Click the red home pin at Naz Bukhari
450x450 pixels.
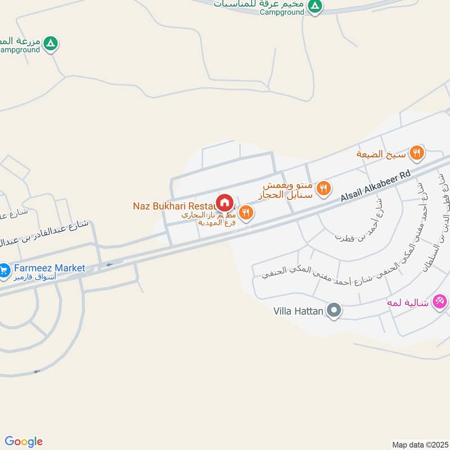coord(224,202)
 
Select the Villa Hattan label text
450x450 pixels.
coord(299,310)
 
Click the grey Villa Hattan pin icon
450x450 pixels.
coord(334,310)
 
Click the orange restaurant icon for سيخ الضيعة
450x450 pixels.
coord(416,152)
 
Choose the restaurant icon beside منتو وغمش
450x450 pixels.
coord(323,188)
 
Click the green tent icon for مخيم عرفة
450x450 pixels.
coord(316,6)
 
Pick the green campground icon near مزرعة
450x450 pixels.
coord(51,43)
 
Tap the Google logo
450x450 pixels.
coord(24,442)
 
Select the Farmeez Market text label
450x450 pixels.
coord(50,268)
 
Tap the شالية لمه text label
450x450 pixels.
coord(407,303)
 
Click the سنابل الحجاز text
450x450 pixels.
coord(289,195)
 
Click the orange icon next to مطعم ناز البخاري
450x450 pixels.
coord(245,213)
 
